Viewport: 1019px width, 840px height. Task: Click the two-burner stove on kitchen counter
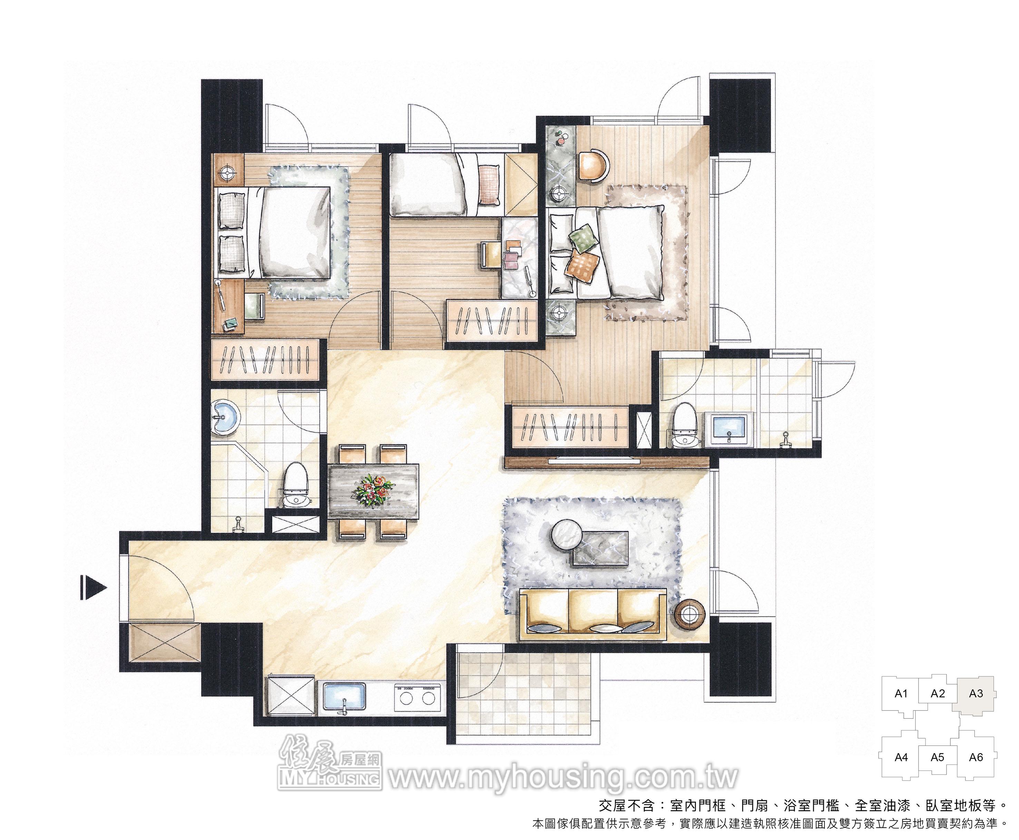(418, 697)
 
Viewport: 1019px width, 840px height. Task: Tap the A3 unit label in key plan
(976, 693)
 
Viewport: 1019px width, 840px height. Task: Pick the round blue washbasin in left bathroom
(225, 416)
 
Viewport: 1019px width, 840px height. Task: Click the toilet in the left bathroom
(295, 485)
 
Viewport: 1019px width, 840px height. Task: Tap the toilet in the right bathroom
(684, 424)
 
